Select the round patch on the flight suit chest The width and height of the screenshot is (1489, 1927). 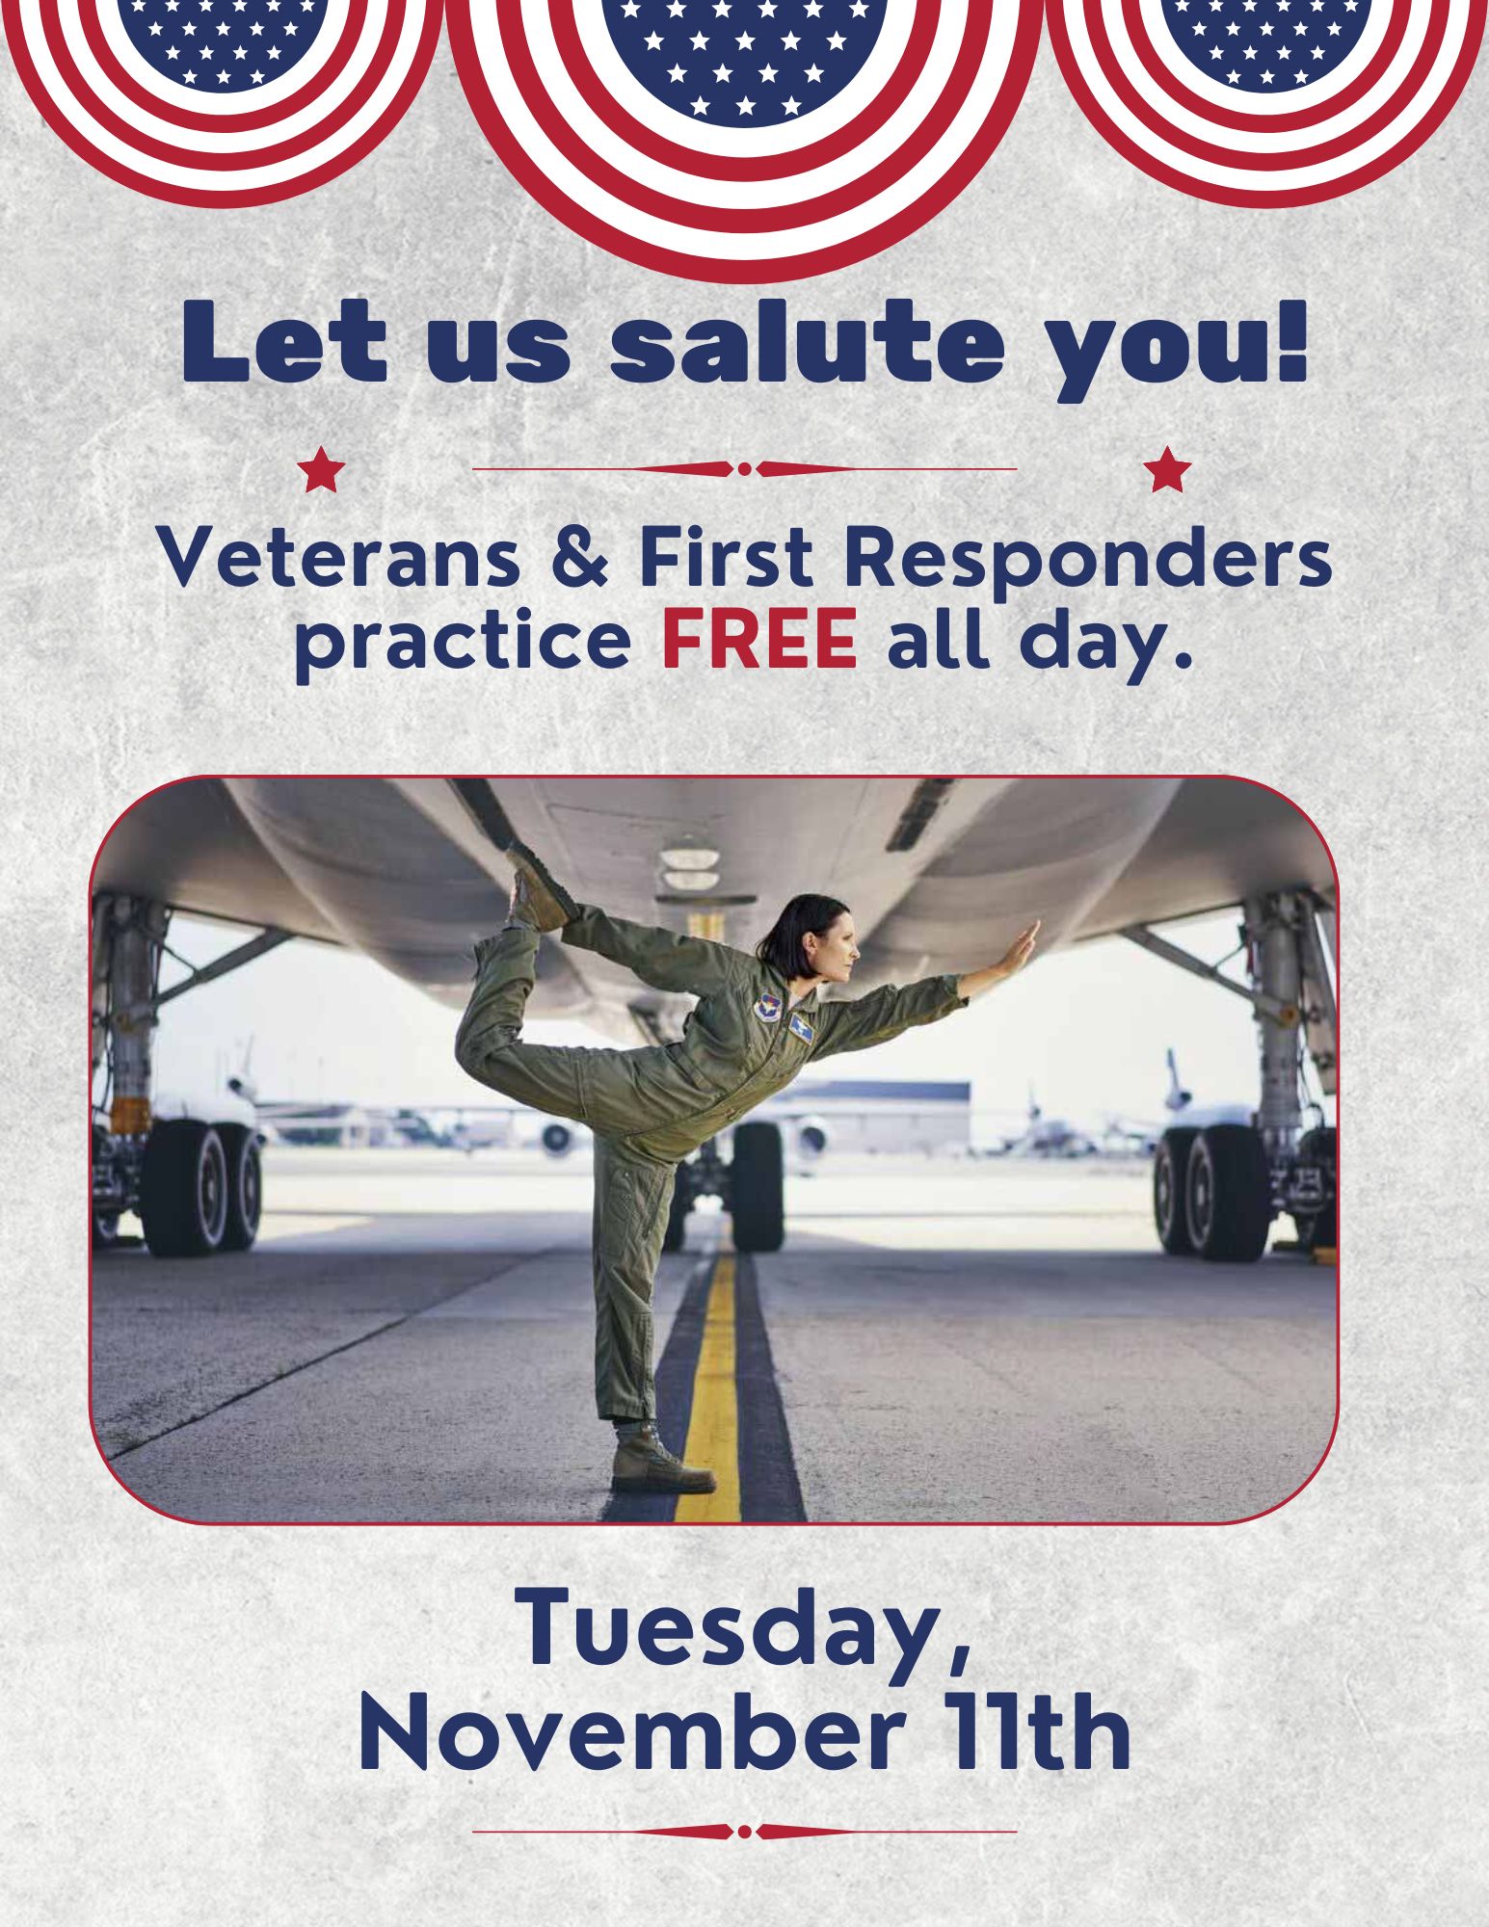(768, 1007)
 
